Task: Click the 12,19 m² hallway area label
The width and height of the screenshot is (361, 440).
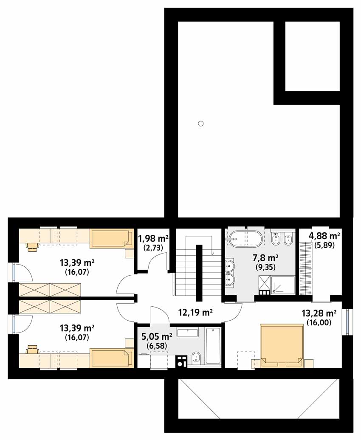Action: tap(195, 312)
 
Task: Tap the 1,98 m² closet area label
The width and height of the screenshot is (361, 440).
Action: tap(153, 239)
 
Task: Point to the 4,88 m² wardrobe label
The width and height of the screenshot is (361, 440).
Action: tap(324, 235)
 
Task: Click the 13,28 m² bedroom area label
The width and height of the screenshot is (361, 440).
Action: tap(319, 313)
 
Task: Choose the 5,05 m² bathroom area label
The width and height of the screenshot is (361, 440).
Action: tap(157, 336)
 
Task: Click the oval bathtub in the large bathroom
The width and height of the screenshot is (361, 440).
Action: tap(245, 239)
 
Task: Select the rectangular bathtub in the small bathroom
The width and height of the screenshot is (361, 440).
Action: tap(214, 346)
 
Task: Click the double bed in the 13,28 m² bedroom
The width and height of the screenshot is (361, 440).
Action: tap(282, 346)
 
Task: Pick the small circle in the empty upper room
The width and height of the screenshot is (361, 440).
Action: tap(200, 124)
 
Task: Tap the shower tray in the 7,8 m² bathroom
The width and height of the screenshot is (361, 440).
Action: tap(283, 285)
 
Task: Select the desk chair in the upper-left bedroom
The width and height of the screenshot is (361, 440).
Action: tap(31, 245)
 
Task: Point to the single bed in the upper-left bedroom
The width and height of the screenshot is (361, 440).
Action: tap(112, 239)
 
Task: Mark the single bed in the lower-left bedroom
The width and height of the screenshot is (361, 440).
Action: tap(112, 358)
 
